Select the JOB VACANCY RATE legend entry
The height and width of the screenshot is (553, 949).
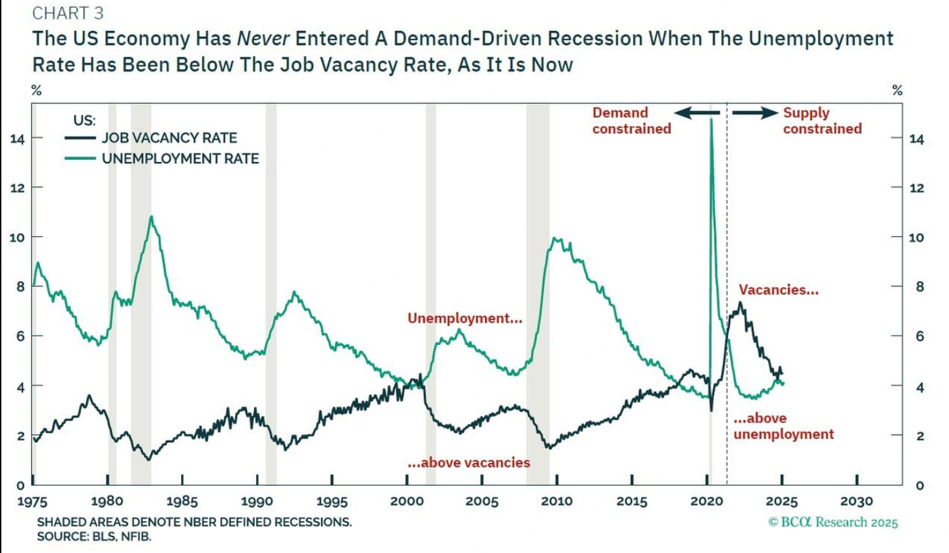(x=169, y=138)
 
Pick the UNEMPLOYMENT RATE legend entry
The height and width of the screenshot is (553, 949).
(x=180, y=159)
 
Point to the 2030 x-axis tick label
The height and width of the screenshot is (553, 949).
(x=856, y=502)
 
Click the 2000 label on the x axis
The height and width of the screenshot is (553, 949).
(x=407, y=502)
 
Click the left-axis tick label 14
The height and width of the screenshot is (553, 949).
(x=16, y=138)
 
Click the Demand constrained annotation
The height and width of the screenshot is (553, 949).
(x=631, y=121)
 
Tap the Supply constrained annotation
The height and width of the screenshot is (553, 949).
(x=822, y=121)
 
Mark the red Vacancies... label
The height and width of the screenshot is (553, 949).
(x=778, y=290)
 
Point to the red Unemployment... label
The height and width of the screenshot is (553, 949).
(x=464, y=318)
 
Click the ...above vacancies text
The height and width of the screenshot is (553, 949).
(x=469, y=463)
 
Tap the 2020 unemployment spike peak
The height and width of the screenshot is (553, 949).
(x=711, y=120)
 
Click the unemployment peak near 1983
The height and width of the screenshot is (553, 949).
(x=151, y=217)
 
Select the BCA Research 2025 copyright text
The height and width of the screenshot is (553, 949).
(x=833, y=521)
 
